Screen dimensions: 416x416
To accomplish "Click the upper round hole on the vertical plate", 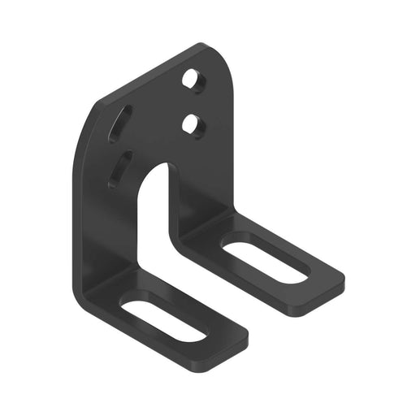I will [x=192, y=79].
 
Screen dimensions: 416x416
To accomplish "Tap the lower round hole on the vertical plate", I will [x=192, y=124].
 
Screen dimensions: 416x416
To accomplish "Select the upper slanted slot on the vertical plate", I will [x=120, y=124].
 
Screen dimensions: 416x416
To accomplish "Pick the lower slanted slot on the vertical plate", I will [x=119, y=170].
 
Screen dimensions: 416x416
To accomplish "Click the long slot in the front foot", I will [x=162, y=320].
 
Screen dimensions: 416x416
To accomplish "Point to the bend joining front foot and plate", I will [x=110, y=280].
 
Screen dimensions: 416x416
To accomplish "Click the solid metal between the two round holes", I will [x=193, y=102].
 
